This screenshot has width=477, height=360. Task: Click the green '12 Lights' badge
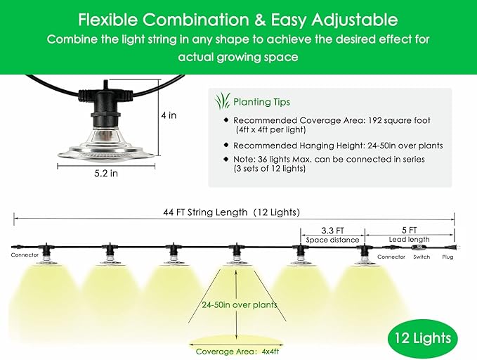(x=422, y=339)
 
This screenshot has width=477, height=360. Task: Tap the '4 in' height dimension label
(x=169, y=115)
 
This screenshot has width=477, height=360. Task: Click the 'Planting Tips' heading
(x=261, y=101)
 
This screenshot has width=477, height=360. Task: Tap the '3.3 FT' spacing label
(x=332, y=230)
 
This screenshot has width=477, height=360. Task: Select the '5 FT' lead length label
(x=409, y=230)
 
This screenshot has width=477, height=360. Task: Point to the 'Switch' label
(x=422, y=257)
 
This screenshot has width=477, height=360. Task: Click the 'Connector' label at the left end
(x=25, y=255)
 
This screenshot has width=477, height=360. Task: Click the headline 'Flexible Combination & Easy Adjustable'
(x=238, y=20)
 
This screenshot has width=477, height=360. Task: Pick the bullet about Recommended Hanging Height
(x=337, y=146)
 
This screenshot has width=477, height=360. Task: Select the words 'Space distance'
(x=332, y=240)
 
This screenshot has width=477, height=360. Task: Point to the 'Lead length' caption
(x=409, y=240)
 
